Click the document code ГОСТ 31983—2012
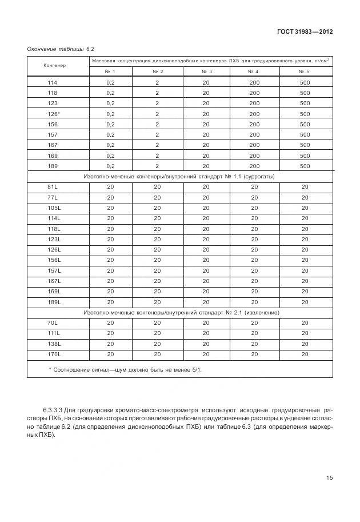click(x=304, y=31)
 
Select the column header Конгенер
click(x=55, y=65)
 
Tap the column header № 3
click(x=206, y=71)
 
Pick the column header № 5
click(x=304, y=71)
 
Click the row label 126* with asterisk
click(x=54, y=114)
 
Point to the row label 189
click(x=53, y=166)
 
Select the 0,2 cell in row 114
click(x=110, y=82)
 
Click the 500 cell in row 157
click(x=305, y=134)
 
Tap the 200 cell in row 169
click(x=254, y=156)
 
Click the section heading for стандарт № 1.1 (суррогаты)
click(x=179, y=177)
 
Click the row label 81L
click(x=53, y=187)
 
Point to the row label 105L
click(x=54, y=208)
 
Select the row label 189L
click(x=54, y=302)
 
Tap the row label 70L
click(x=53, y=323)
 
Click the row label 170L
click(x=54, y=354)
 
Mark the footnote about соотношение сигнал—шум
click(x=126, y=370)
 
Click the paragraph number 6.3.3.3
click(x=52, y=411)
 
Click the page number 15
click(x=329, y=478)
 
